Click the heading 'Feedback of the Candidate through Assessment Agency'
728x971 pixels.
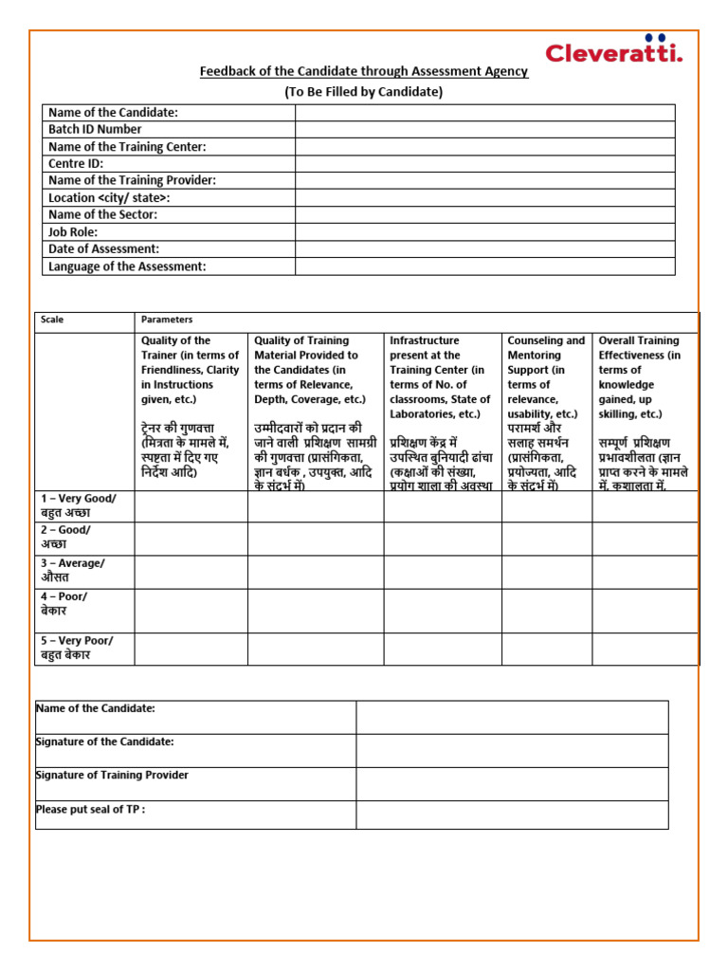point(363,72)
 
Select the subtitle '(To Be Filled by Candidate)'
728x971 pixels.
point(363,92)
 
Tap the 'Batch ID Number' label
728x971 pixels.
point(96,130)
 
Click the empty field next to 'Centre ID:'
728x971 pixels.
point(484,164)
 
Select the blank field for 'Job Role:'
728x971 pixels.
point(484,232)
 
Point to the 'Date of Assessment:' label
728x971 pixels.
point(103,249)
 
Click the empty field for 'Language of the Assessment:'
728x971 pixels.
point(484,266)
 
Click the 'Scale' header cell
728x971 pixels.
point(53,321)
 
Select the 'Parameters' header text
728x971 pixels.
point(167,321)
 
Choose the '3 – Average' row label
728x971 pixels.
point(73,571)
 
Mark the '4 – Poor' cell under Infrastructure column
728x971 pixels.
point(442,611)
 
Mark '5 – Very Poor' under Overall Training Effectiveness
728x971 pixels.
point(645,649)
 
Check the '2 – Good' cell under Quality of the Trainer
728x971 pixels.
point(191,538)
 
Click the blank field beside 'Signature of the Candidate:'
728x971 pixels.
point(512,750)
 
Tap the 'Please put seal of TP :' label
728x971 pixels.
point(91,810)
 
